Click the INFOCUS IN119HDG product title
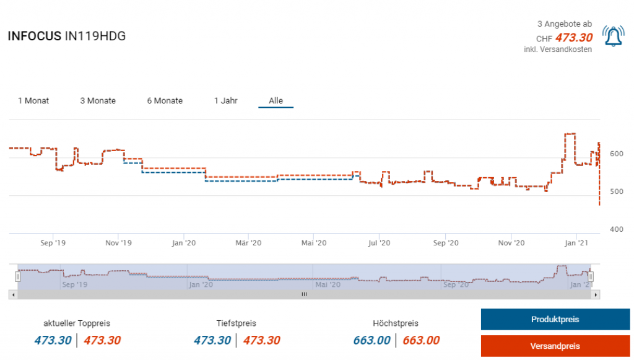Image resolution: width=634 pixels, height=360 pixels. pos(66,36)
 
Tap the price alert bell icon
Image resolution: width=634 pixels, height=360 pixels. pos(613,37)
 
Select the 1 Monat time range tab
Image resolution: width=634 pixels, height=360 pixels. pos(33,100)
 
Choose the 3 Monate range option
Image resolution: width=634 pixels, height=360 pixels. pos(98,100)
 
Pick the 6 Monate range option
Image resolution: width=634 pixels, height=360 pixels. pos(165,100)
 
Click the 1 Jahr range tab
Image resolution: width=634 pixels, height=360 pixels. pos(226,100)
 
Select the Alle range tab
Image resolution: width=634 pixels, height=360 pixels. pos(276,100)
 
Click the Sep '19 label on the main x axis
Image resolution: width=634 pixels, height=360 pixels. pos(53,243)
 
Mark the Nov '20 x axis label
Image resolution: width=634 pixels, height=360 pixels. pos(511,243)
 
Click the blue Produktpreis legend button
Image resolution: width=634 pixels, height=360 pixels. pos(555,320)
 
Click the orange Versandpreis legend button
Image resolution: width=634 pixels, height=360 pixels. pos(555,346)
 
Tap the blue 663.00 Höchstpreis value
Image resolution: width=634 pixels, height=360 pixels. pos(371,340)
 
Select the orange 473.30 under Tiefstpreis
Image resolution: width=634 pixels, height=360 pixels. pos(261,340)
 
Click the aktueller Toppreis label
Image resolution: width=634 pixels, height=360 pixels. pos(77,323)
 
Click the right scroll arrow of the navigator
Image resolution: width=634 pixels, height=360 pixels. pos(596,295)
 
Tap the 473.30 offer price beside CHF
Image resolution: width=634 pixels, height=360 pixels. pos(574,38)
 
